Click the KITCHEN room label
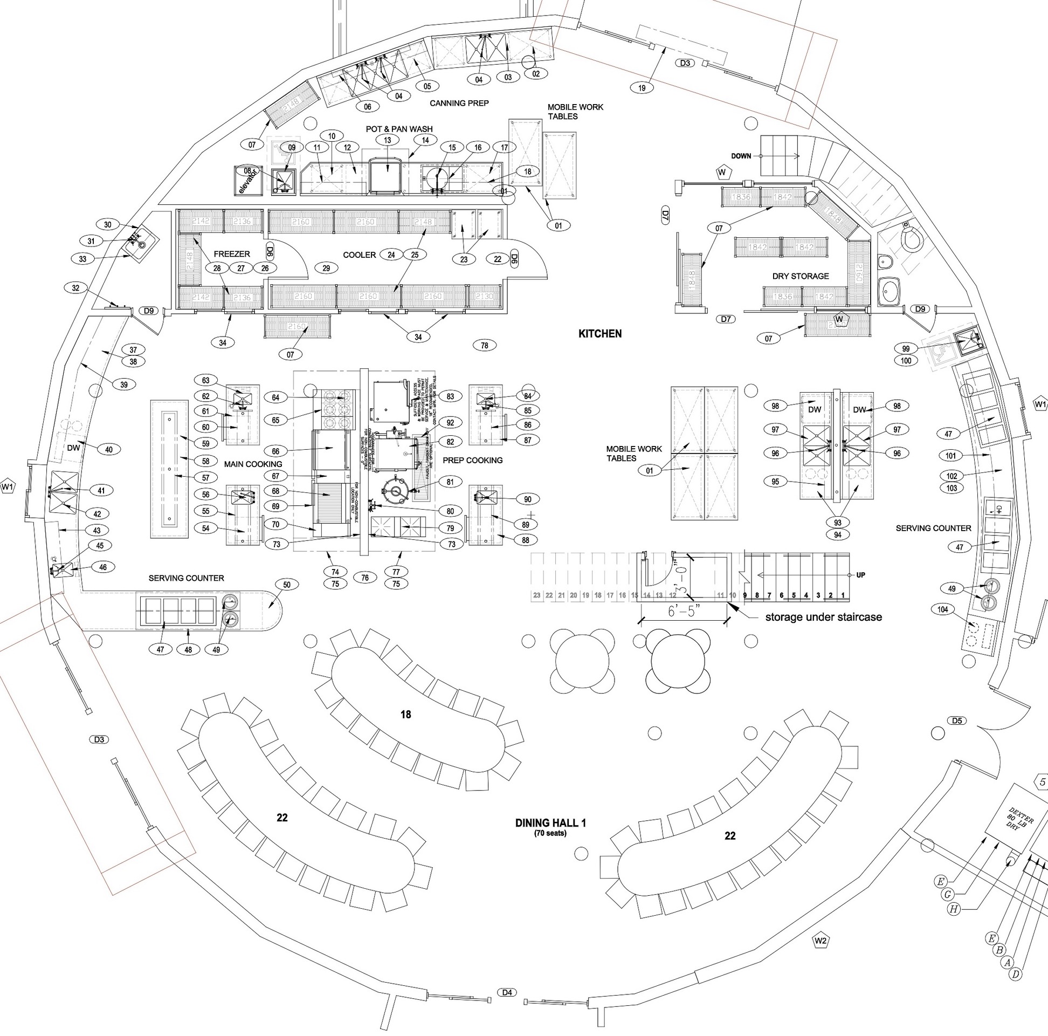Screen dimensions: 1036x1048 pyautogui.click(x=600, y=334)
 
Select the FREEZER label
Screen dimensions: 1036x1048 pyautogui.click(x=232, y=254)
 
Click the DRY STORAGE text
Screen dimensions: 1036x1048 pyautogui.click(x=801, y=276)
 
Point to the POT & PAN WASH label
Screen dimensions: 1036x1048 pyautogui.click(x=399, y=129)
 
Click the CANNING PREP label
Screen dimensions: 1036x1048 pyautogui.click(x=459, y=103)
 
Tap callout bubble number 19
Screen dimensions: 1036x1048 pyautogui.click(x=642, y=87)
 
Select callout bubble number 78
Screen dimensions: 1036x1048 pyautogui.click(x=485, y=345)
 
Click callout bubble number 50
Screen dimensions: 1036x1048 pyautogui.click(x=286, y=585)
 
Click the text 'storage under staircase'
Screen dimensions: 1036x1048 pyautogui.click(x=823, y=617)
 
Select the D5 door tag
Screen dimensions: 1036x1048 pyautogui.click(x=957, y=721)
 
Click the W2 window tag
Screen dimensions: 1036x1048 pyautogui.click(x=820, y=941)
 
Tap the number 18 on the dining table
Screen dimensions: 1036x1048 pyautogui.click(x=406, y=715)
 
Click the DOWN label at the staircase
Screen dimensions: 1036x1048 pyautogui.click(x=740, y=156)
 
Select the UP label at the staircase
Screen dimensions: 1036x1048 pyautogui.click(x=861, y=575)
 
